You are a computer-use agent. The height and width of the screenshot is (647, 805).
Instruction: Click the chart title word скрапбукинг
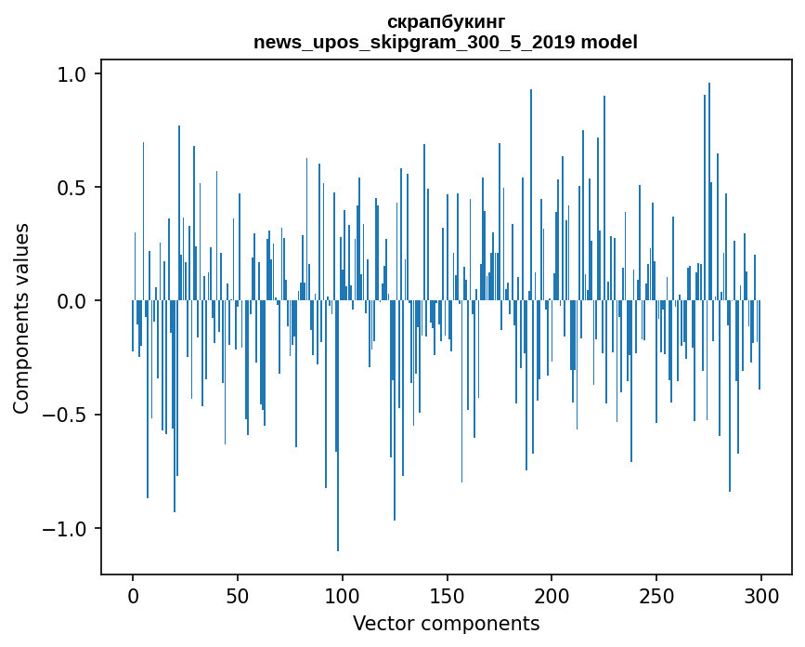tap(445, 22)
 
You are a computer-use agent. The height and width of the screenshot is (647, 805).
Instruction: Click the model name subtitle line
tap(445, 42)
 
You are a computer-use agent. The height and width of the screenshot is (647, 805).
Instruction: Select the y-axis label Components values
tap(21, 318)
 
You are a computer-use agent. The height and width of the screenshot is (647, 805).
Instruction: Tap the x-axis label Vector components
tap(446, 623)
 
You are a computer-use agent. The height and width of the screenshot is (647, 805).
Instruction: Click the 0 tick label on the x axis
tap(133, 596)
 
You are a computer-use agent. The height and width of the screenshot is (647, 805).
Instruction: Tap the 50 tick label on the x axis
tap(238, 596)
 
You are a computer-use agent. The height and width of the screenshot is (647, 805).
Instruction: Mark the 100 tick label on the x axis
tap(343, 596)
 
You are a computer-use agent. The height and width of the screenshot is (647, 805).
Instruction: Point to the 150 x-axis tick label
tap(447, 596)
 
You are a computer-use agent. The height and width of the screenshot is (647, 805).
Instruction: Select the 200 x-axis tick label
tap(552, 596)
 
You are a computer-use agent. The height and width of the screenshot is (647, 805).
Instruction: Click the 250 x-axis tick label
tap(656, 596)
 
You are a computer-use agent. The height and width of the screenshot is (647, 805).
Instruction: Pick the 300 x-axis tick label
tap(761, 596)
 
